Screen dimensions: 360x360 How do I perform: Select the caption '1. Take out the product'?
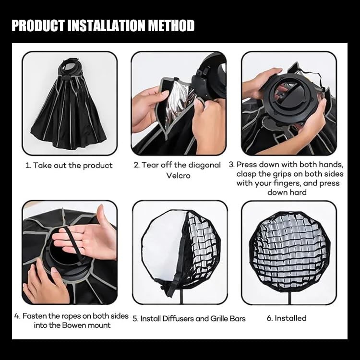point(69,166)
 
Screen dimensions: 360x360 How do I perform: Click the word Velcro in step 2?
point(179,176)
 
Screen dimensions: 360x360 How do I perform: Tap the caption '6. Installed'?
point(287,318)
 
